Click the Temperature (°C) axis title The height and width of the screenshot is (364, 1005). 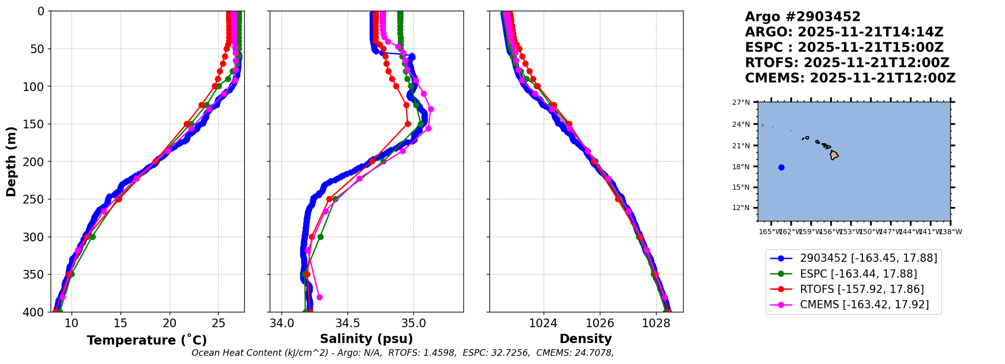click(147, 340)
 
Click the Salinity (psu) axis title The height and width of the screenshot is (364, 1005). click(366, 339)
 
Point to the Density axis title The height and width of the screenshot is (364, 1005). click(586, 339)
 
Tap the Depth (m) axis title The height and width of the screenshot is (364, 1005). click(11, 161)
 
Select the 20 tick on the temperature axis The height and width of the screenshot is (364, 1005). click(170, 323)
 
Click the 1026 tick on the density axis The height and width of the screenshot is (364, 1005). click(599, 323)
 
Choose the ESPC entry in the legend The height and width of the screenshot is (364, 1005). click(858, 274)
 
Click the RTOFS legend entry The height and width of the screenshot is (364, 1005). click(862, 289)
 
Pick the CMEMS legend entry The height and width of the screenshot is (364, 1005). click(864, 305)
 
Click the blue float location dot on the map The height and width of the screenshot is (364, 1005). click(781, 167)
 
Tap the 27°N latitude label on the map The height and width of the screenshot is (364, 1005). click(741, 103)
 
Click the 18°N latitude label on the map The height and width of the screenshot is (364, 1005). click(741, 167)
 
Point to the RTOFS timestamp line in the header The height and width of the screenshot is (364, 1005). click(847, 63)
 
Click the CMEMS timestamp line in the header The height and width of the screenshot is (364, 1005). click(850, 78)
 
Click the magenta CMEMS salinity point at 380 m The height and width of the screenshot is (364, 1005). click(319, 297)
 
